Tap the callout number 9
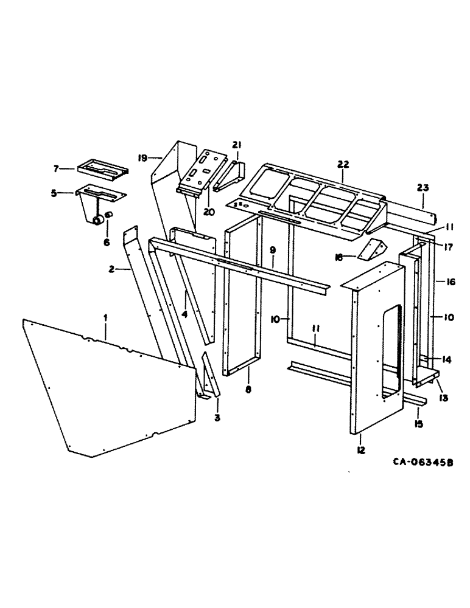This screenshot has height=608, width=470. point(273,250)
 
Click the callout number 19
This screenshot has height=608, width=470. point(142,158)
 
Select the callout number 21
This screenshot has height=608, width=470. point(236,144)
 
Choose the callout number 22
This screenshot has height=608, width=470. point(343,164)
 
